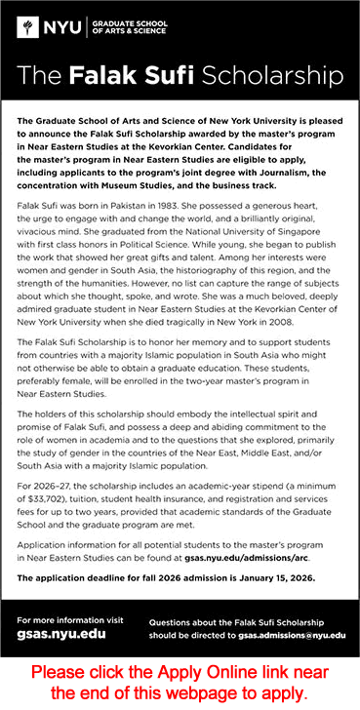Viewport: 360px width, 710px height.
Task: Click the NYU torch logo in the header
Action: point(27,28)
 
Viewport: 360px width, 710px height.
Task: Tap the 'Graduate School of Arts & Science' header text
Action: point(126,27)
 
